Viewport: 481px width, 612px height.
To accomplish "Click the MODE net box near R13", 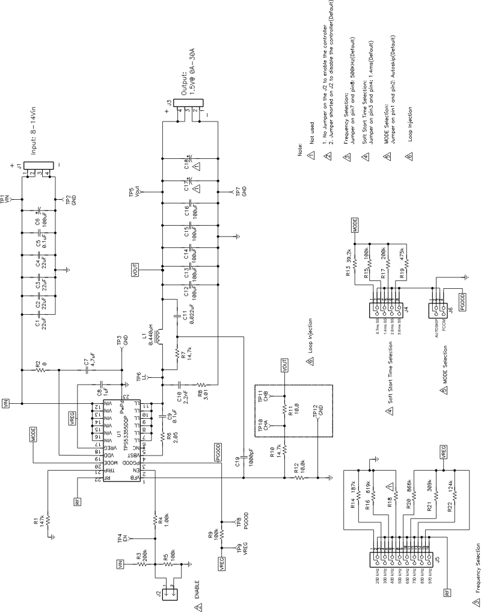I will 356,228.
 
